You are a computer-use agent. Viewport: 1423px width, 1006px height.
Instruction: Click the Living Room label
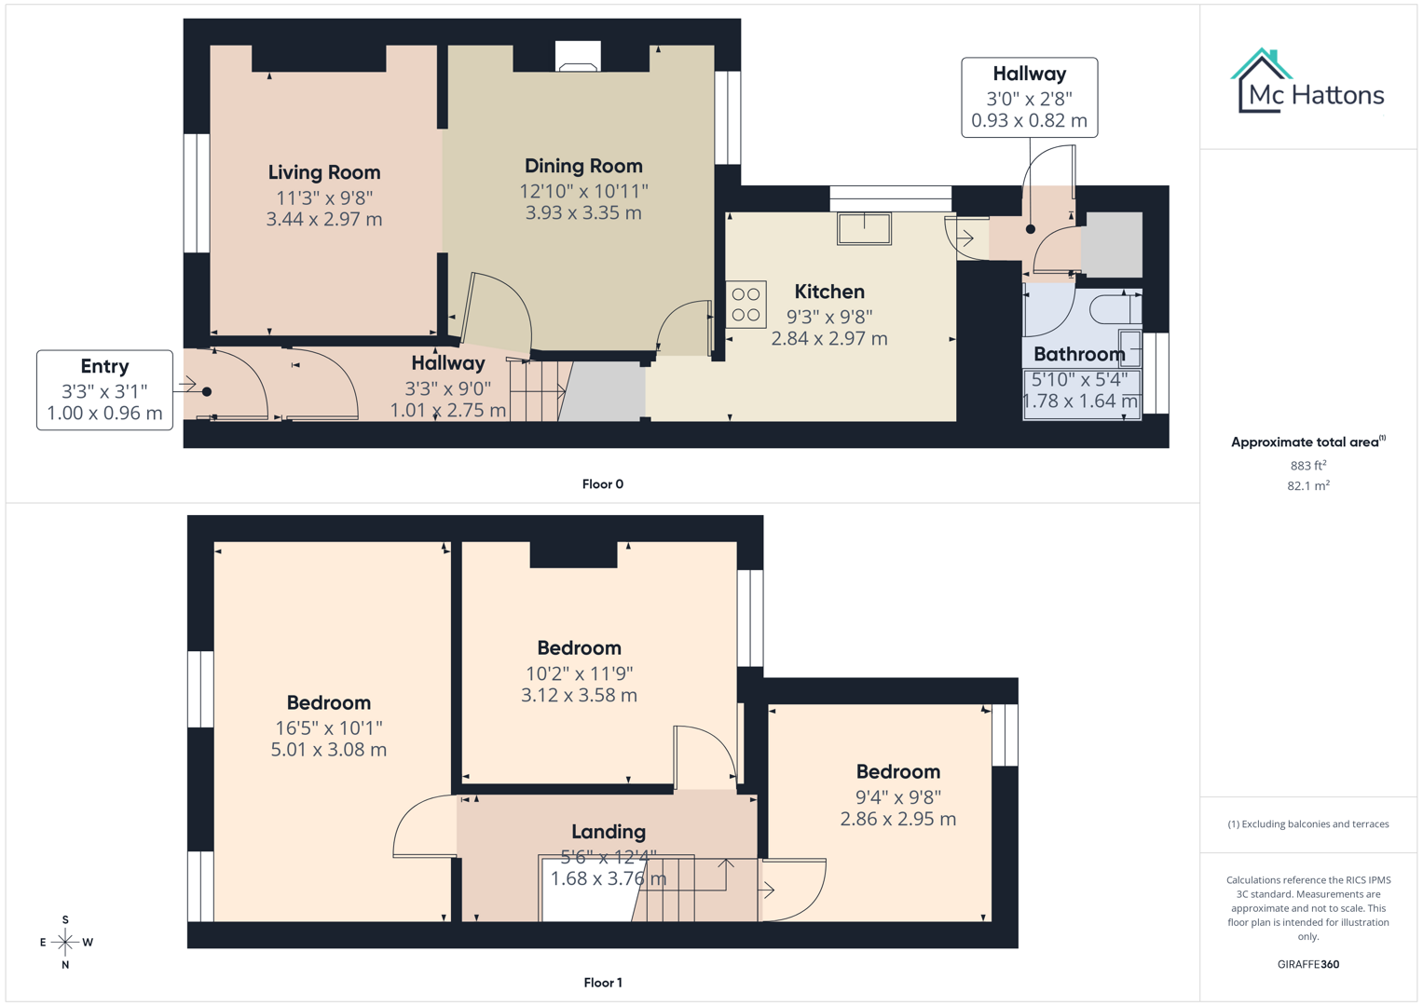click(x=324, y=172)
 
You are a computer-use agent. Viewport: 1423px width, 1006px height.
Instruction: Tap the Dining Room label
click(x=583, y=166)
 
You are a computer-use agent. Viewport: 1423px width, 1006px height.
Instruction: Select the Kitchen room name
click(x=829, y=292)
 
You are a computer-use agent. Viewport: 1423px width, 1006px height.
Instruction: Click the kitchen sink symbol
click(x=864, y=228)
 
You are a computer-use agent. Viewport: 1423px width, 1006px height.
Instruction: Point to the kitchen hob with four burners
click(x=746, y=305)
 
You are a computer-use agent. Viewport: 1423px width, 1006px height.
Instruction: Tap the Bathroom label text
click(x=1079, y=354)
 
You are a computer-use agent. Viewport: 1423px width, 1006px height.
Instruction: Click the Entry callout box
click(x=104, y=389)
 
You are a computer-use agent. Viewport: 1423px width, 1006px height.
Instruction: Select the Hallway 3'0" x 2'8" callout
click(x=1029, y=97)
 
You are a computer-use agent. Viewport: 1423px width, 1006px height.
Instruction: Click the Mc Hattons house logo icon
click(x=1262, y=81)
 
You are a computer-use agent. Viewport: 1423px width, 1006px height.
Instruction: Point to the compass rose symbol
click(x=65, y=943)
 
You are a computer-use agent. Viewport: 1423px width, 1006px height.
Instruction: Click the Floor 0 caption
click(x=603, y=484)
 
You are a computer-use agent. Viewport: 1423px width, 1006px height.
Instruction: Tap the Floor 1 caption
click(x=603, y=983)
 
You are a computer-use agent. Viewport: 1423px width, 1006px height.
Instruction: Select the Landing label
click(x=609, y=832)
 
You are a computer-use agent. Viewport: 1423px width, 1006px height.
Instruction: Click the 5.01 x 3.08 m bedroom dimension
click(x=328, y=750)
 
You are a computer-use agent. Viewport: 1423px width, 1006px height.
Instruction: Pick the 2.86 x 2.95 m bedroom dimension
click(x=897, y=820)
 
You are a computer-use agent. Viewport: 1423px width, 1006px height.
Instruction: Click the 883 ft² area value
click(x=1307, y=465)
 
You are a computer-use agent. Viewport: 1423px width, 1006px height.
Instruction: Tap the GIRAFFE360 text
click(x=1307, y=964)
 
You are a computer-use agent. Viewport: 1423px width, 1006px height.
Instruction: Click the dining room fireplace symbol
click(x=578, y=57)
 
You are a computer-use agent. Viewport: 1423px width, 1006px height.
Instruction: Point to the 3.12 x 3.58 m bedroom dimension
click(x=579, y=695)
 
